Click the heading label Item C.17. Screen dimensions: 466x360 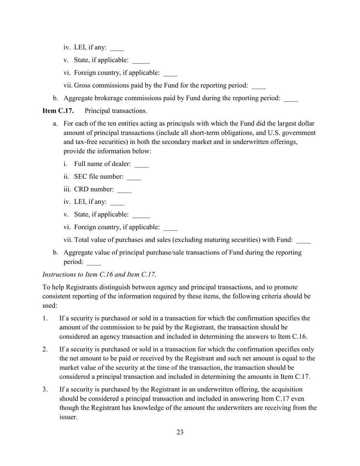(x=58, y=111)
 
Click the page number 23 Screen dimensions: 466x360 (x=180, y=432)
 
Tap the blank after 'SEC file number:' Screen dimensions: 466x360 (x=134, y=177)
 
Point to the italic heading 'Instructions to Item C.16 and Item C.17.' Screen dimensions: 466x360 (x=99, y=274)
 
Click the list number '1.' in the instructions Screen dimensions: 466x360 (x=45, y=318)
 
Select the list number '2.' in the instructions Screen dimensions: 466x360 (x=45, y=349)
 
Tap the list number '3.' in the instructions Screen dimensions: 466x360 (x=45, y=389)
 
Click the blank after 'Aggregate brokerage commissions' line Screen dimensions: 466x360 (x=291, y=99)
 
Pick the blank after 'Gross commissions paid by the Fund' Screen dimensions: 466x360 (x=258, y=86)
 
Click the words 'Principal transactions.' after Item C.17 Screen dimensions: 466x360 (x=116, y=111)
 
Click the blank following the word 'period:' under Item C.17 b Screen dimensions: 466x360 (x=94, y=263)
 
